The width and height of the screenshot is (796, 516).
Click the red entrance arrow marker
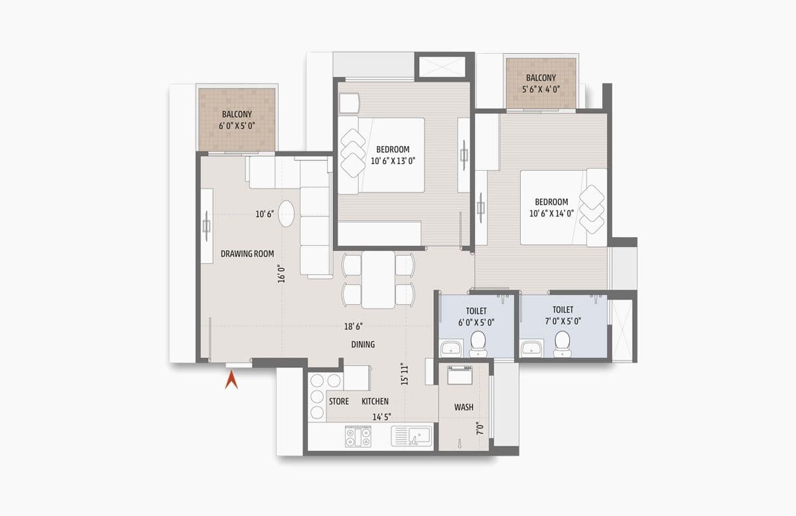coord(232,380)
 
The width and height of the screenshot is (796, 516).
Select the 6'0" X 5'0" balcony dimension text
coord(237,125)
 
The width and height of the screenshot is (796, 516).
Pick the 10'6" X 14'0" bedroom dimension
coord(552,213)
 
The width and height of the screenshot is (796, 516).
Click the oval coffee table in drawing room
coord(287,214)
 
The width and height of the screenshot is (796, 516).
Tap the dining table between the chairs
coord(377,279)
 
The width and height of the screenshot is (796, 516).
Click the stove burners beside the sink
coord(358,436)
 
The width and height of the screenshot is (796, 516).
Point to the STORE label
coord(339,401)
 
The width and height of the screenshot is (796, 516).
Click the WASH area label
coord(464,406)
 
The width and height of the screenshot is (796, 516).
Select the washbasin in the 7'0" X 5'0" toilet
coord(531,348)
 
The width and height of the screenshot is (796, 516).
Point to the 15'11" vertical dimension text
coord(405,374)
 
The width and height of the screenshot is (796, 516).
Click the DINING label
coord(363,344)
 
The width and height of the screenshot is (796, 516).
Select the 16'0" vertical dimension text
coord(282,273)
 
